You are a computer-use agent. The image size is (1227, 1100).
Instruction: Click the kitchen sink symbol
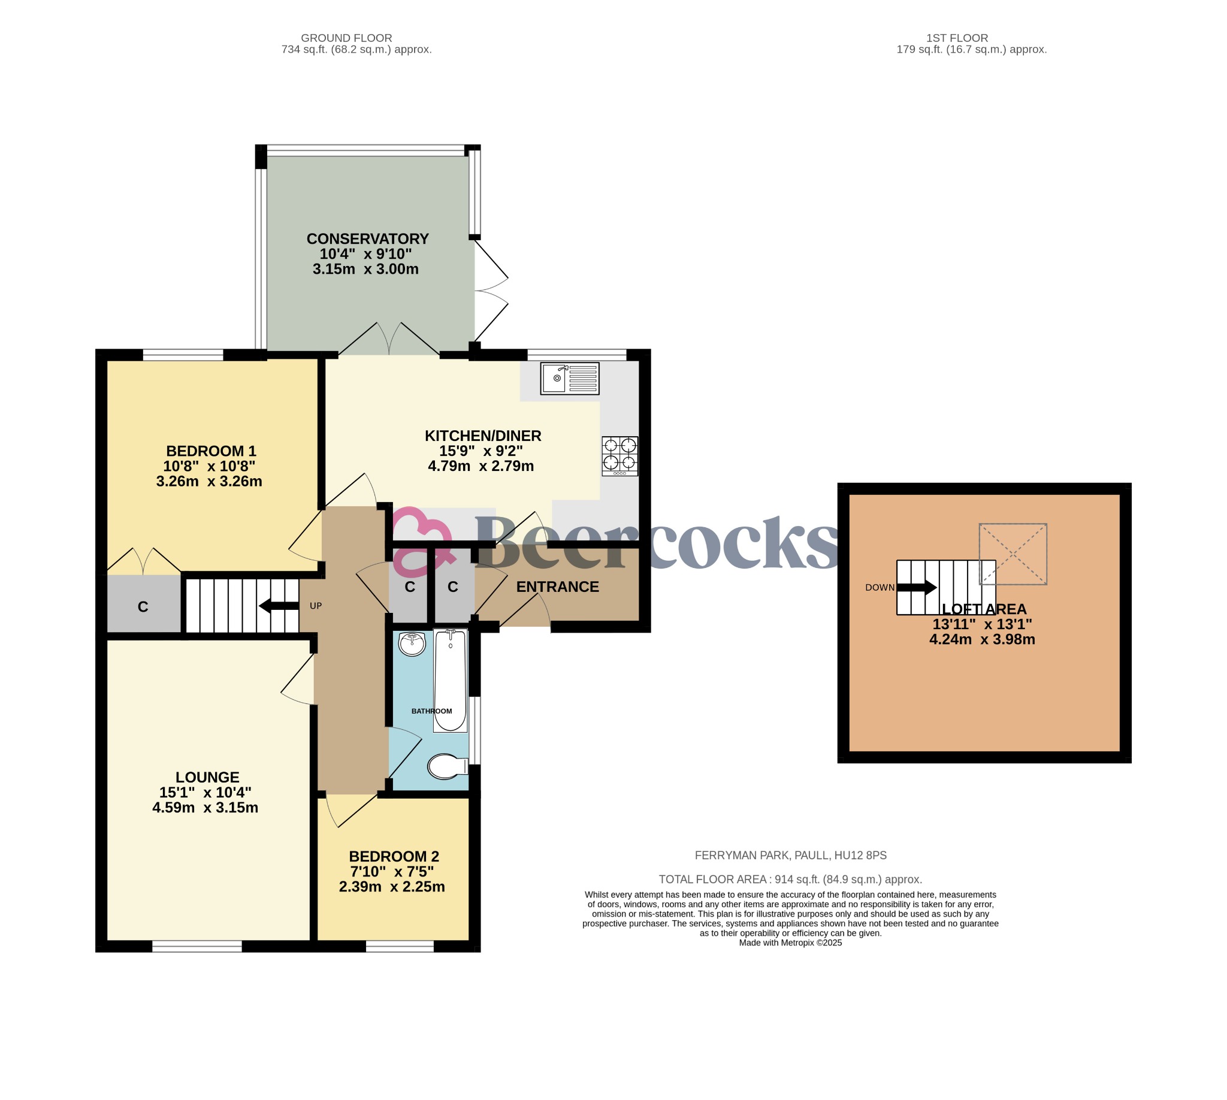click(569, 379)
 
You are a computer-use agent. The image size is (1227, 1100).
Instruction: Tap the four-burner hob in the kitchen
click(619, 456)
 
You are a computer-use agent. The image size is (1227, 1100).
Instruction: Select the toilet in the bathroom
click(448, 766)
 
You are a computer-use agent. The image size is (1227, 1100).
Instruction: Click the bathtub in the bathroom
click(451, 680)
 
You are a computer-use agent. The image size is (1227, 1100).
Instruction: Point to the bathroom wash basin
click(412, 643)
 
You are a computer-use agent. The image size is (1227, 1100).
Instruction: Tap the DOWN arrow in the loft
click(916, 587)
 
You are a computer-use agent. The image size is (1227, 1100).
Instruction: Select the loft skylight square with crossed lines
click(1013, 554)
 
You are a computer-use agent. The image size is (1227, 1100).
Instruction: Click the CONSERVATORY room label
click(367, 238)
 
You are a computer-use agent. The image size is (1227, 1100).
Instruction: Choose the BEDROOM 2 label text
click(394, 856)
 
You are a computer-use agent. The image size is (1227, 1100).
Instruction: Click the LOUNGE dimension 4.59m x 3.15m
click(205, 808)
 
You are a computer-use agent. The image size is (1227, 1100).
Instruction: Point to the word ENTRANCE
click(557, 587)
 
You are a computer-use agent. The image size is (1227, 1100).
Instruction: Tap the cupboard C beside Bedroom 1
click(143, 606)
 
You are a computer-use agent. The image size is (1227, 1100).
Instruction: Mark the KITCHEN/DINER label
click(482, 435)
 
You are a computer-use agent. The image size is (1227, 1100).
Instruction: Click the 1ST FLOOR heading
click(957, 38)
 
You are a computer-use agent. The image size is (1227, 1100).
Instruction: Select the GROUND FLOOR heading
click(346, 38)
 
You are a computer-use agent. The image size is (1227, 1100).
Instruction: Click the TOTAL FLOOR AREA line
click(790, 880)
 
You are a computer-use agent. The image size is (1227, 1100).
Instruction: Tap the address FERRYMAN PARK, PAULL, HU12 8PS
click(790, 855)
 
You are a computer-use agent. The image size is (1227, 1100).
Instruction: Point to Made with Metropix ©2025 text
click(790, 943)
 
